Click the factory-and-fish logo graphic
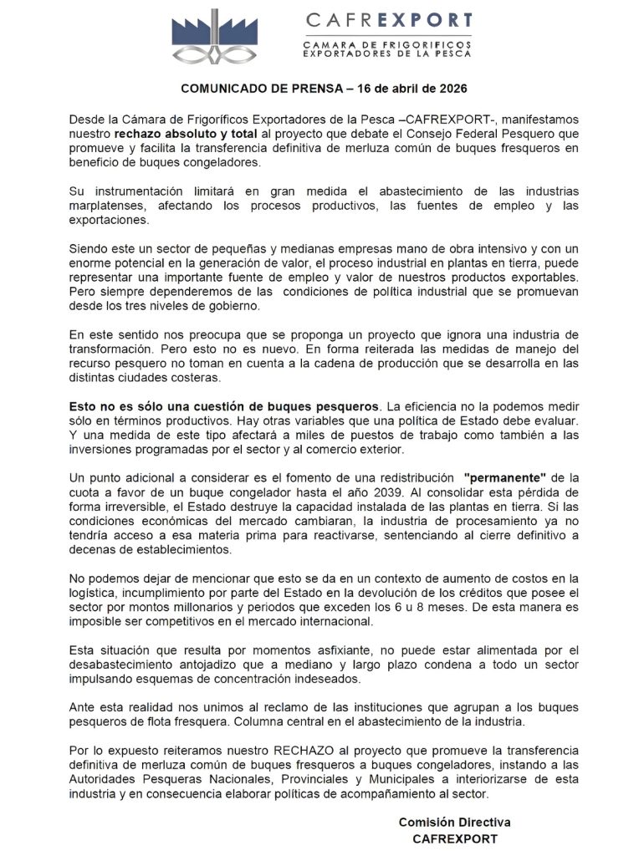[214, 37]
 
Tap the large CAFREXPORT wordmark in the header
[389, 19]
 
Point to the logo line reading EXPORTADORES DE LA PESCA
[387, 53]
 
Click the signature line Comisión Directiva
[454, 823]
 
